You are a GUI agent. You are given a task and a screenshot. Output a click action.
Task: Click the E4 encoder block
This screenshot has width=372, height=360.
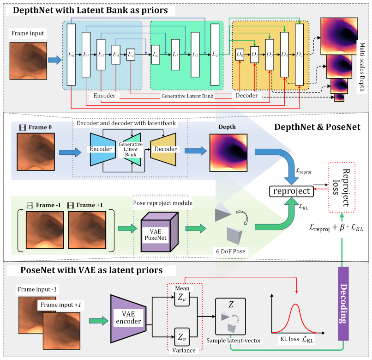(x=131, y=55)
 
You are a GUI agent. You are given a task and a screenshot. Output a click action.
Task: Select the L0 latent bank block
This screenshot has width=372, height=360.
(x=156, y=55)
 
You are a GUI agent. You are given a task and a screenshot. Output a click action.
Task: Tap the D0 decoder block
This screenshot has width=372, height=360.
(x=240, y=55)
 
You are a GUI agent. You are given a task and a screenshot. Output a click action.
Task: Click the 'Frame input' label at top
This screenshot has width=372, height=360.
(x=28, y=33)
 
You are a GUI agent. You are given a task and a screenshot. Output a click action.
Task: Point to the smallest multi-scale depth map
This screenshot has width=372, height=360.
(x=339, y=98)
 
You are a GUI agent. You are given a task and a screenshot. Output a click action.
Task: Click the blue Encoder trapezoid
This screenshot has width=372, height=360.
(x=103, y=149)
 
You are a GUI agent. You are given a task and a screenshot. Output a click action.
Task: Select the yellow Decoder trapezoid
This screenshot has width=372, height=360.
(x=163, y=149)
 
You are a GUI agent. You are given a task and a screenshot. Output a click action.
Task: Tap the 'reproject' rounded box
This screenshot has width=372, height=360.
(x=291, y=191)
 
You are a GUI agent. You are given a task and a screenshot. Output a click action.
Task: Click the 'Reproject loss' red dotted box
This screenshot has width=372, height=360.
(x=342, y=187)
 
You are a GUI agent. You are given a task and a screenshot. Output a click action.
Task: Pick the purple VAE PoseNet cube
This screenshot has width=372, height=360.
(x=159, y=232)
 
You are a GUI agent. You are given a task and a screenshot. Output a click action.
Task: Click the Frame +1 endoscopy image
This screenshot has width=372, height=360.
(x=87, y=230)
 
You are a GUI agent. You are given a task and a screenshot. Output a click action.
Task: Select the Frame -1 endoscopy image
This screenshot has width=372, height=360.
(x=45, y=230)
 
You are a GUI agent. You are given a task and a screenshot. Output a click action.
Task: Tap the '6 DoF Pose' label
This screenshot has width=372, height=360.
(x=231, y=251)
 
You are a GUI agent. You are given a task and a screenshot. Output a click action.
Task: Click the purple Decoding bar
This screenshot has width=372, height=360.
(x=343, y=304)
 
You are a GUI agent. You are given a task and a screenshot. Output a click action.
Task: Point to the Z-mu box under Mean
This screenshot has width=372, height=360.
(x=182, y=298)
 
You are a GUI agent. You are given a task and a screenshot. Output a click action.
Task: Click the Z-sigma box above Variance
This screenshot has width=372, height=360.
(x=182, y=337)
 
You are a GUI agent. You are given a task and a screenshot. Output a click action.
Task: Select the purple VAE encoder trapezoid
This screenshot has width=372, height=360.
(x=128, y=319)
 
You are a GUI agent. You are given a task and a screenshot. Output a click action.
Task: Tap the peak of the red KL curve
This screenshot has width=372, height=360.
(x=295, y=304)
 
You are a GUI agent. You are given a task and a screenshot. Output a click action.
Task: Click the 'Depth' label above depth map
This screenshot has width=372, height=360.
(x=227, y=127)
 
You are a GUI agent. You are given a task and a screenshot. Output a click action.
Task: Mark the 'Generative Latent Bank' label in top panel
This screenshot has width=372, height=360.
(x=187, y=96)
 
